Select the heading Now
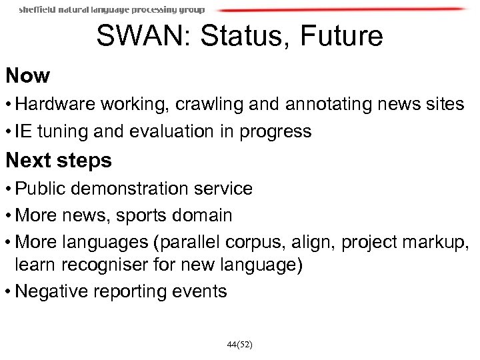pos(28,76)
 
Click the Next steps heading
pos(59,161)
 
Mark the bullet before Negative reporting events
pos(9,292)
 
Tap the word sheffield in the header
pos(40,10)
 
